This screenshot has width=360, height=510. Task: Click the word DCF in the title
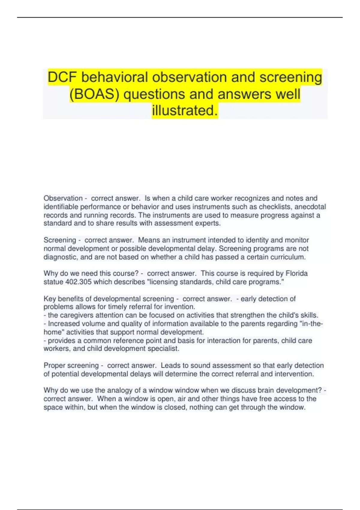point(63,77)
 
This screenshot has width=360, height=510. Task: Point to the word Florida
point(296,273)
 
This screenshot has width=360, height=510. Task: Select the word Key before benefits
point(49,299)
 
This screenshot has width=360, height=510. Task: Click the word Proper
point(55,365)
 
